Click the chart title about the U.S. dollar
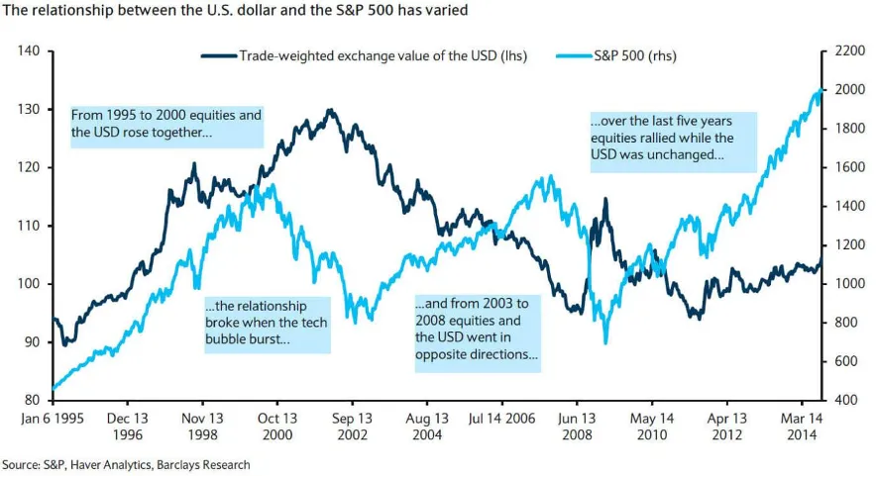click(235, 10)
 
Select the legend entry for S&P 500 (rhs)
click(616, 55)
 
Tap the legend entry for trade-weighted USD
click(364, 55)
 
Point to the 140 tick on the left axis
click(29, 50)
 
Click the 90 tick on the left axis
click(33, 342)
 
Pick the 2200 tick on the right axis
click(849, 50)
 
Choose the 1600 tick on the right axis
click(849, 167)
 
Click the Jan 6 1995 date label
click(53, 419)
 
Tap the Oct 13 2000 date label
click(277, 427)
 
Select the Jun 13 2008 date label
click(577, 427)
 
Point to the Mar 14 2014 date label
click(802, 427)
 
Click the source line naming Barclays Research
click(126, 465)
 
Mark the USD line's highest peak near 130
click(330, 110)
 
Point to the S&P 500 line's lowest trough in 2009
click(605, 342)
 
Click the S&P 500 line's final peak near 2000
click(821, 90)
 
